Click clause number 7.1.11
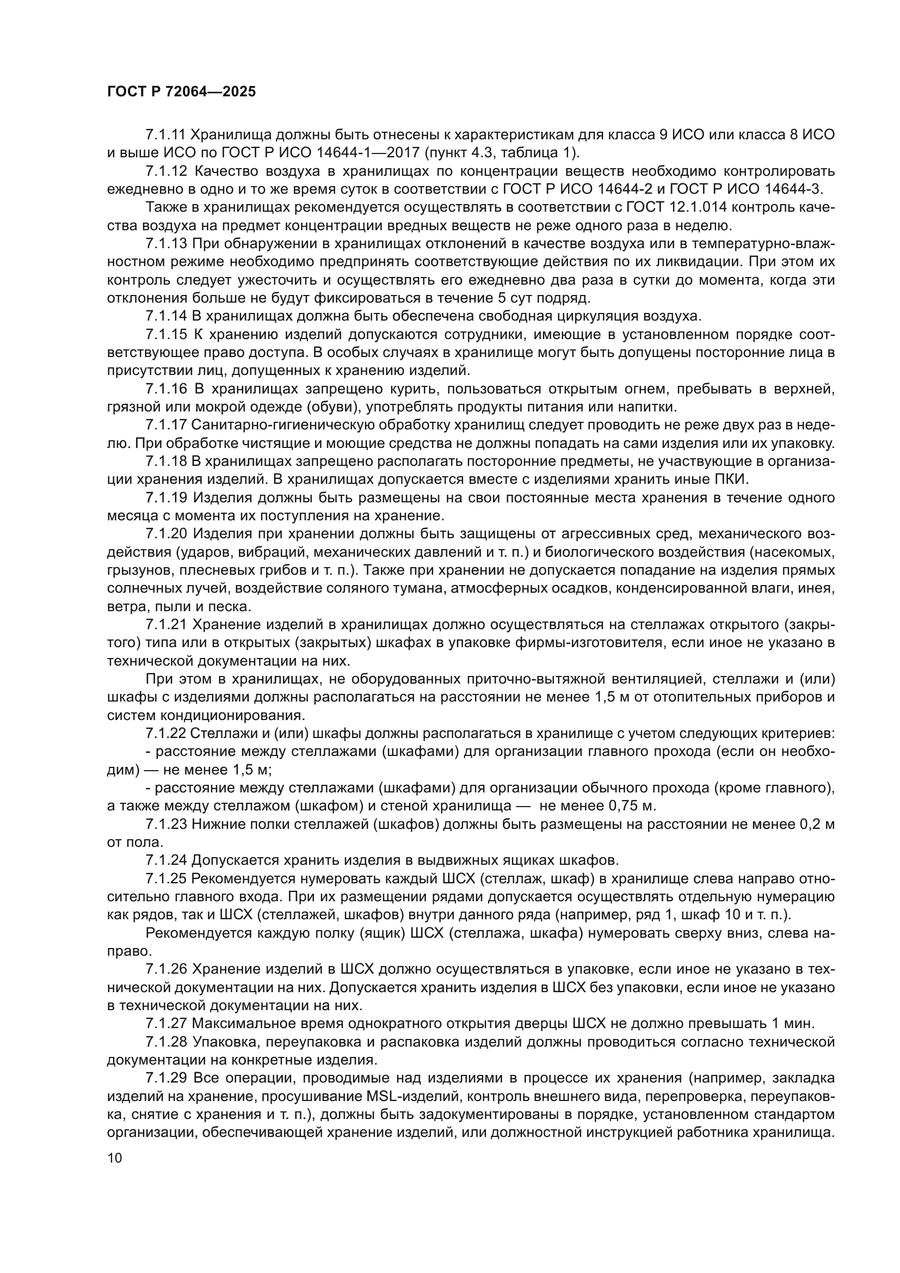tap(167, 135)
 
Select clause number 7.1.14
tap(167, 317)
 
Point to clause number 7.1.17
tap(167, 425)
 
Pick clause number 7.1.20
tap(167, 534)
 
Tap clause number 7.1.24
tap(167, 860)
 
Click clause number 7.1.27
tap(167, 1023)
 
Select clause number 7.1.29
tap(167, 1078)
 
